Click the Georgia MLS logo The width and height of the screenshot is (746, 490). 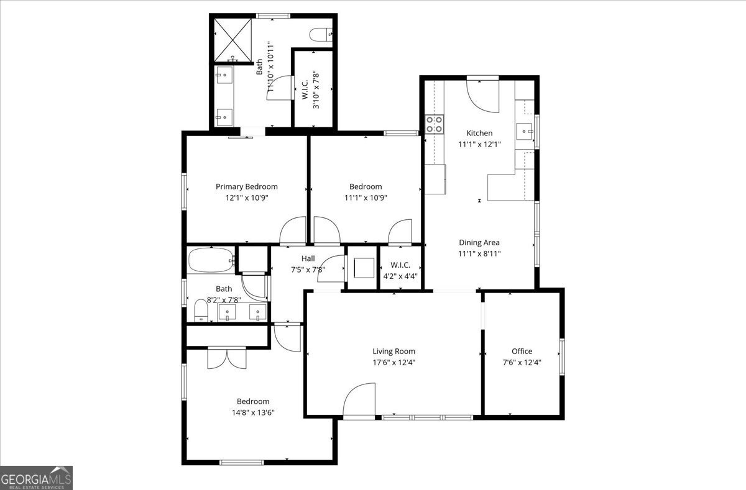[36, 478]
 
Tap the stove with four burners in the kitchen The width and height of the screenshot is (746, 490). [435, 124]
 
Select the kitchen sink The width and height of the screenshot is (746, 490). [525, 132]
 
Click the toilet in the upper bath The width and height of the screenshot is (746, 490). [321, 34]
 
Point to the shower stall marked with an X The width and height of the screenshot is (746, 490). [233, 40]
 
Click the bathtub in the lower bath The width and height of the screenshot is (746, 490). [211, 260]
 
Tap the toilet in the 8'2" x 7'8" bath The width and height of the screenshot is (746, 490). [201, 311]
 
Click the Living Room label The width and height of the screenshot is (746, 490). [394, 352]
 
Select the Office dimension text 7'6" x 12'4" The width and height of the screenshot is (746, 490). [522, 362]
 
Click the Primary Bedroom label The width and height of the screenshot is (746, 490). [246, 186]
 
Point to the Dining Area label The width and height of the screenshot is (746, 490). [479, 242]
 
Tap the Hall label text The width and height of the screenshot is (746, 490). [308, 258]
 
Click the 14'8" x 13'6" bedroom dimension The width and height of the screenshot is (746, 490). [253, 412]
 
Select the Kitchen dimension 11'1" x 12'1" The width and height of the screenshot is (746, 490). [479, 144]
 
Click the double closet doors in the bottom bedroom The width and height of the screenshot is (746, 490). [227, 358]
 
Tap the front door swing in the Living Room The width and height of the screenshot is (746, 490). [359, 399]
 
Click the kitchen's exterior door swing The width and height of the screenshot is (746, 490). [482, 96]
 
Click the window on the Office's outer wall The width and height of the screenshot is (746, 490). [562, 356]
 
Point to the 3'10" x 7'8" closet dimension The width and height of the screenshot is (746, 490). [316, 89]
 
